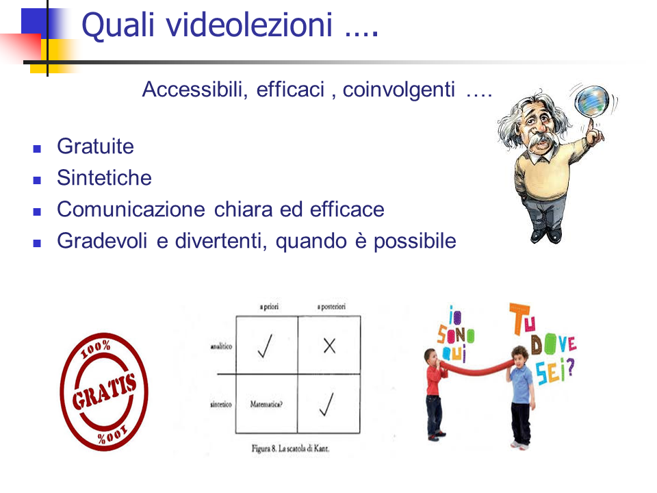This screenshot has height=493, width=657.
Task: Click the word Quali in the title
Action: click(x=118, y=25)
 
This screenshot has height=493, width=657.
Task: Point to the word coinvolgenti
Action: click(x=398, y=90)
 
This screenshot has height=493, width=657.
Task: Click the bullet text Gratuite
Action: click(x=96, y=147)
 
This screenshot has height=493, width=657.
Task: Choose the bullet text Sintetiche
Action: click(x=104, y=178)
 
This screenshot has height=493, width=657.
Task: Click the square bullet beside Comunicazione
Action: click(x=37, y=212)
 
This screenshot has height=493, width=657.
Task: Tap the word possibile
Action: click(x=415, y=242)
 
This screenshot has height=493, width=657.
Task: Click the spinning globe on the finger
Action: click(x=591, y=101)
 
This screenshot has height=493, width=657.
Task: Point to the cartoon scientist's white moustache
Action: click(x=543, y=140)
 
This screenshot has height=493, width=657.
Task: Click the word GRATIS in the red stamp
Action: click(x=104, y=391)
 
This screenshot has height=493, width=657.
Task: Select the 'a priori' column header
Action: click(x=269, y=307)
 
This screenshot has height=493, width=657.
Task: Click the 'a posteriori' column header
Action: click(x=331, y=307)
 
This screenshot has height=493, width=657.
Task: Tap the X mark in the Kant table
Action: click(x=330, y=346)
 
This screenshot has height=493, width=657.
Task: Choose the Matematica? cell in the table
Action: click(x=266, y=404)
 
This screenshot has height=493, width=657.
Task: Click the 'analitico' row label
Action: click(x=221, y=346)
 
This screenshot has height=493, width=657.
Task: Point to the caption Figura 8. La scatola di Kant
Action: click(x=290, y=448)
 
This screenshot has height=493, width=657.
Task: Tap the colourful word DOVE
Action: click(x=554, y=344)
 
